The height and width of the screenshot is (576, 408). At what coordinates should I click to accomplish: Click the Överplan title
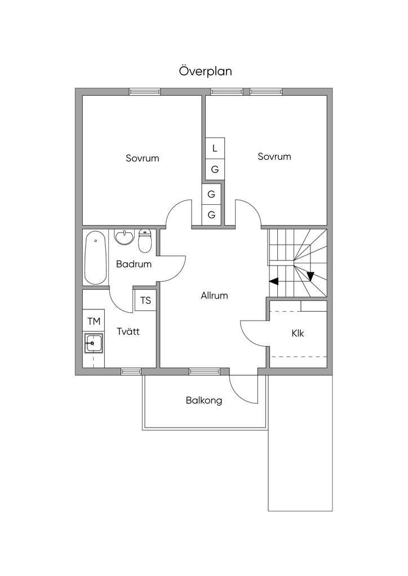coord(205,71)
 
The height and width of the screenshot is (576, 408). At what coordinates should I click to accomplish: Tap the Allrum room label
coord(214,295)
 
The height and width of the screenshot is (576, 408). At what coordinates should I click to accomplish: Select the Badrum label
coord(134,264)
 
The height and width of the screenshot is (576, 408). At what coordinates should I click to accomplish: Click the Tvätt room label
coord(128,331)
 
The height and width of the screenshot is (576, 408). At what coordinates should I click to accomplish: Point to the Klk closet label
coord(298,333)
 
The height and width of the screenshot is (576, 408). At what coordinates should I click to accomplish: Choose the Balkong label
coord(204,400)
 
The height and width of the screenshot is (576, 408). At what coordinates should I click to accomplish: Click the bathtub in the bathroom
coord(95,257)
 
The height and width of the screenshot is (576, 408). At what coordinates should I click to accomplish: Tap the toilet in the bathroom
coord(145,241)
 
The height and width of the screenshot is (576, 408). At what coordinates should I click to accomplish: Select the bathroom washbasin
coord(125,237)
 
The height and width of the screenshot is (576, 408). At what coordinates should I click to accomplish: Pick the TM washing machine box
coord(94,321)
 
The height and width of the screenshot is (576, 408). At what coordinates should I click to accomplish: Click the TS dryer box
coord(146,300)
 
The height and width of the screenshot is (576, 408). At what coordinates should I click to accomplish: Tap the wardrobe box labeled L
coord(215,148)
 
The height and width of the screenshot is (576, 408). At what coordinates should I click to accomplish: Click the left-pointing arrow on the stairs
coord(274,281)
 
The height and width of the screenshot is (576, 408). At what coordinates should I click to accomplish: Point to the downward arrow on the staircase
coord(311,276)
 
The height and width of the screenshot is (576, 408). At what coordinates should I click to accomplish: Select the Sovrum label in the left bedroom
coord(143,158)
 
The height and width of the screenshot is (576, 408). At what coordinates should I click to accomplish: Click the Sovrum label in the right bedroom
coord(274,156)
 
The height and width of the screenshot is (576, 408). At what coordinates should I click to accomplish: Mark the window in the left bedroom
coord(145,92)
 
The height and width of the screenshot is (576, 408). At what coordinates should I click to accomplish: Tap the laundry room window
coord(131,371)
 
